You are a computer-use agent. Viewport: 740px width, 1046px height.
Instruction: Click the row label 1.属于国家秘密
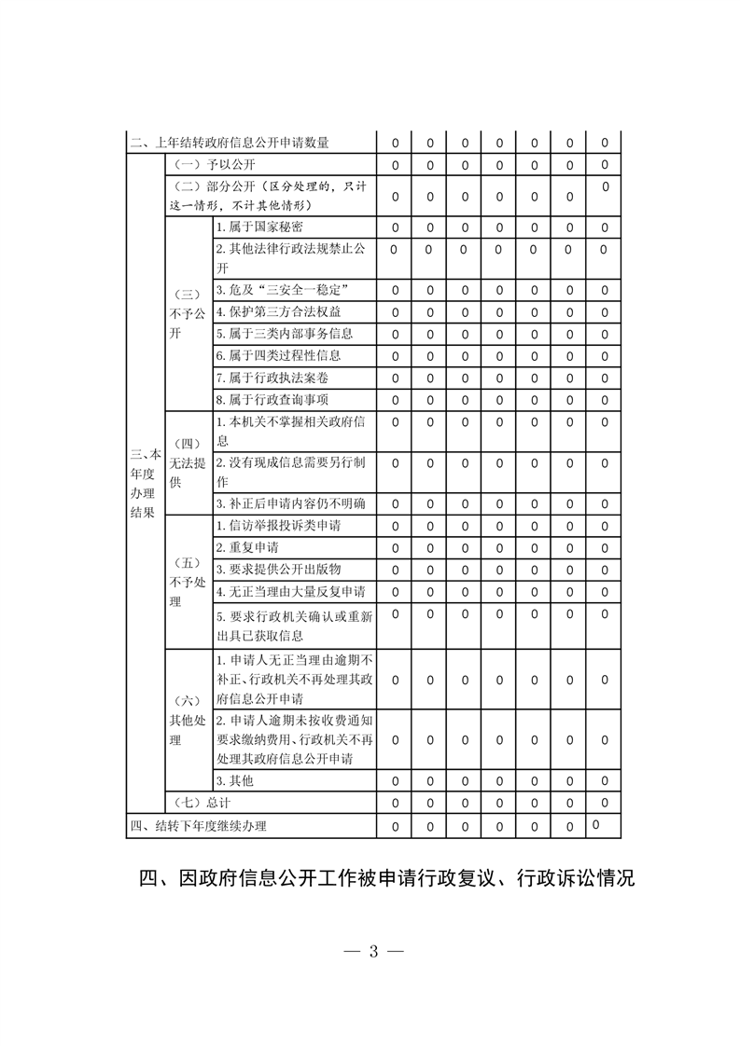click(x=259, y=227)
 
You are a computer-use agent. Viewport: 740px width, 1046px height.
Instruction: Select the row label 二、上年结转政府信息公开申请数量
click(x=230, y=143)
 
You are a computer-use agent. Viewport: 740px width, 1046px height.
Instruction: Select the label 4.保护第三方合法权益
click(x=278, y=311)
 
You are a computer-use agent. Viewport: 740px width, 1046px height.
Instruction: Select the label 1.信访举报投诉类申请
click(x=278, y=525)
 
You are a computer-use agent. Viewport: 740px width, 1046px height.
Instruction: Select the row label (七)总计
click(x=199, y=802)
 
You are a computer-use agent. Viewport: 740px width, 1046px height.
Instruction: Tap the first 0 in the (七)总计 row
click(x=395, y=803)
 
